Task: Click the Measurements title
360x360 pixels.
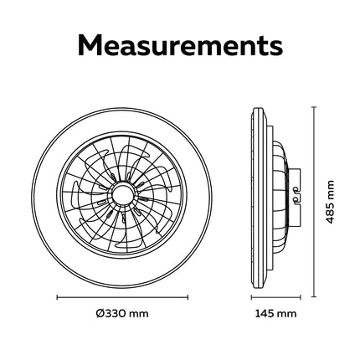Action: tap(180, 45)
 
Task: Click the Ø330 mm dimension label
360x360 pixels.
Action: tap(122, 314)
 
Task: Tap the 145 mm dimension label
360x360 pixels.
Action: tap(275, 314)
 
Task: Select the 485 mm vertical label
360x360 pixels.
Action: tap(330, 202)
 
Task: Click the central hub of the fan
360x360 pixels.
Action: tap(121, 193)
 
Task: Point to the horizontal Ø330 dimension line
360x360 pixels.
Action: tap(122, 297)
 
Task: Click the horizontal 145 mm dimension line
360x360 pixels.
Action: tap(276, 297)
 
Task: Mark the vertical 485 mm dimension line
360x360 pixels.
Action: tap(315, 202)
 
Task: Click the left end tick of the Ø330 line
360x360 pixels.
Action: tap(57, 297)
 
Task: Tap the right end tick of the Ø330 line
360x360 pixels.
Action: tap(188, 297)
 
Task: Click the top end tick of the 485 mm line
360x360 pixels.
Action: tap(315, 107)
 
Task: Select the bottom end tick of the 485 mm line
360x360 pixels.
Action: tap(315, 297)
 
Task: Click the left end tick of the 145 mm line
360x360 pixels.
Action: tap(251, 297)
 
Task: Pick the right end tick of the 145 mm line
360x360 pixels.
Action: tap(301, 297)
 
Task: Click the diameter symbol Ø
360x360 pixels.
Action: tap(100, 314)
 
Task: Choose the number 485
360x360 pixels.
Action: tap(330, 213)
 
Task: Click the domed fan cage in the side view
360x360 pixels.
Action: tap(280, 198)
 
